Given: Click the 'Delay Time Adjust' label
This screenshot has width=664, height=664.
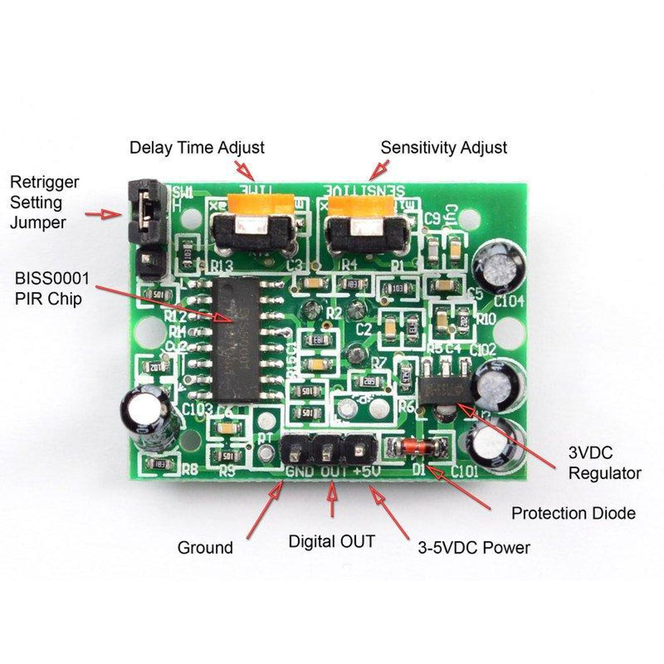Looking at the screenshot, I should click(x=197, y=147).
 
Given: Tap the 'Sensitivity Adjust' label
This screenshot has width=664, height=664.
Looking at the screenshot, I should click(x=443, y=147).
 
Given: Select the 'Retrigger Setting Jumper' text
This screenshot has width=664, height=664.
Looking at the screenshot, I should click(x=44, y=202).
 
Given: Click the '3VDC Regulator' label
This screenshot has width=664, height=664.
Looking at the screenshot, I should click(x=605, y=464).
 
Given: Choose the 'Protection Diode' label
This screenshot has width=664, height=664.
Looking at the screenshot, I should click(x=573, y=513).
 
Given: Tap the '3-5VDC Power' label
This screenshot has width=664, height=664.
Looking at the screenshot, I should click(x=474, y=548).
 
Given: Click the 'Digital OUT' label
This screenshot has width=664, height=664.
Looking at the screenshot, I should click(x=331, y=541).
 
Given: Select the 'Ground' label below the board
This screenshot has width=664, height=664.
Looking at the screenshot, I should click(x=205, y=548).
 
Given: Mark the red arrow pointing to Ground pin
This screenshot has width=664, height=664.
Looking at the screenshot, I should click(x=264, y=509).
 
